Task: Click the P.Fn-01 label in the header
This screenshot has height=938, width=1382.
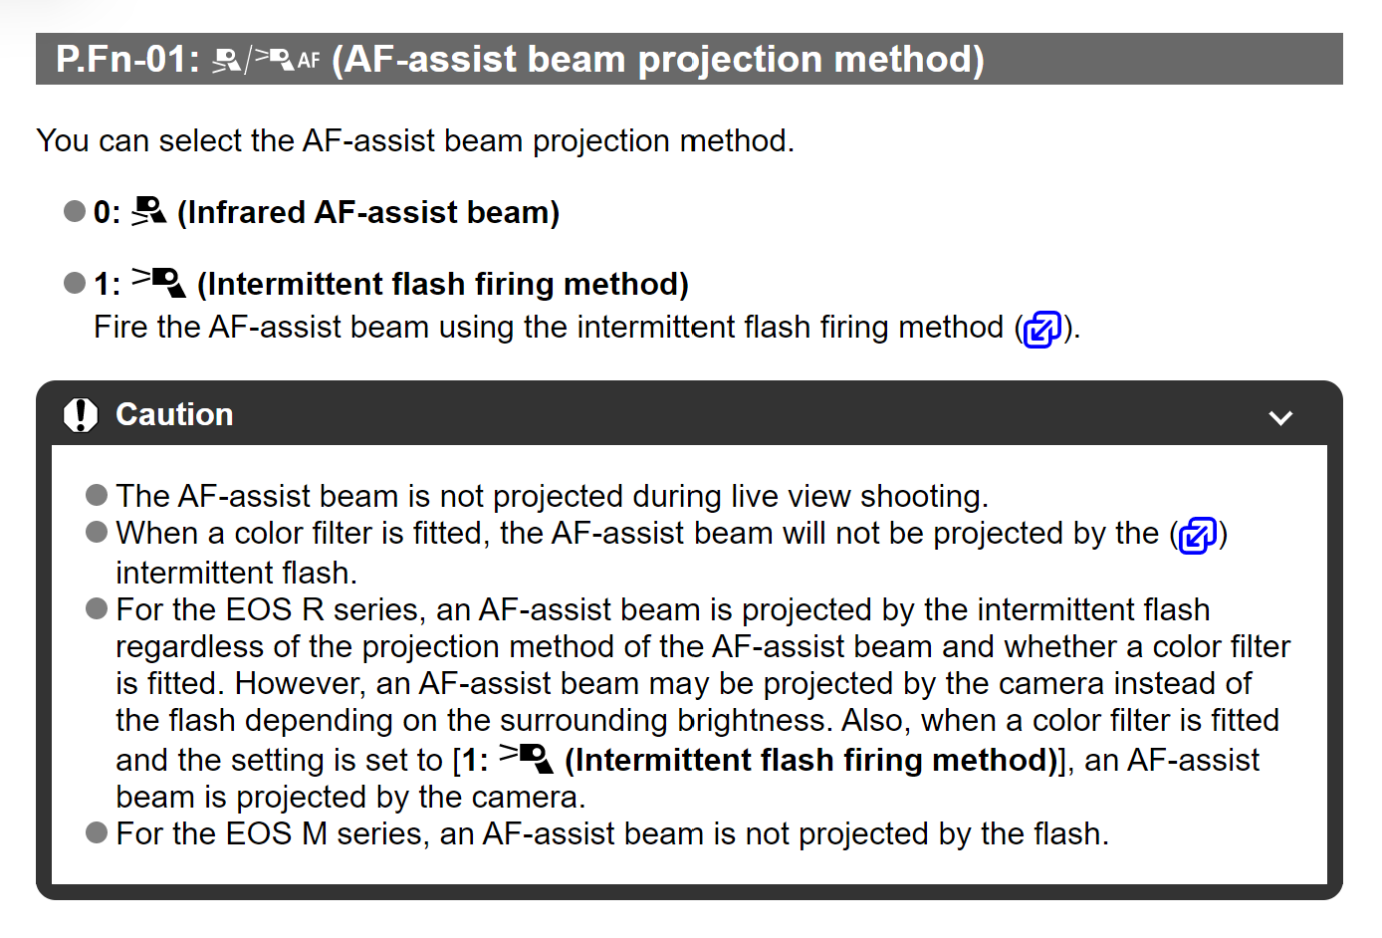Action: pyautogui.click(x=127, y=60)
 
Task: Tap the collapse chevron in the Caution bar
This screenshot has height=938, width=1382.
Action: pyautogui.click(x=1280, y=417)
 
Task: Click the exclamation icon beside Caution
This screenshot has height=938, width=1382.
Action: pyautogui.click(x=81, y=415)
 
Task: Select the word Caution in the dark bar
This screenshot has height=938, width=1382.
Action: pyautogui.click(x=174, y=414)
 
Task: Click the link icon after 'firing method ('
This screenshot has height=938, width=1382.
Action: pyautogui.click(x=1041, y=329)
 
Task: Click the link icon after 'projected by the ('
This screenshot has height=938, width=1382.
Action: pyautogui.click(x=1198, y=536)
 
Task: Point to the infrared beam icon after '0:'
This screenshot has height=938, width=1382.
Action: pyautogui.click(x=149, y=211)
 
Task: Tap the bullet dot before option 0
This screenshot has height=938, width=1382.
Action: pyautogui.click(x=75, y=211)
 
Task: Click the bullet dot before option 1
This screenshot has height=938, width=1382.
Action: pyautogui.click(x=75, y=283)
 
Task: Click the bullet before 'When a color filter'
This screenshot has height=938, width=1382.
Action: pyautogui.click(x=97, y=533)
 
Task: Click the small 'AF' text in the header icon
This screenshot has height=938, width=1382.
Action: pyautogui.click(x=309, y=61)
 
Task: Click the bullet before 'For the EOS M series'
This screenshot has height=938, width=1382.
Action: pyautogui.click(x=97, y=832)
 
